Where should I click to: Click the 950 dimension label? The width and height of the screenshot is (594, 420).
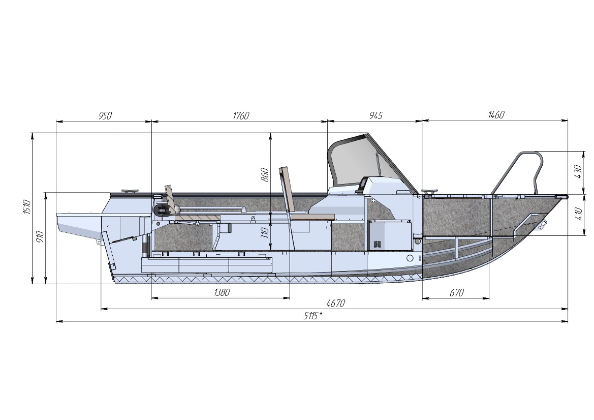pos(105,115)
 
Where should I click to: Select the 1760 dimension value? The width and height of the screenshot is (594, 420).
pos(240,115)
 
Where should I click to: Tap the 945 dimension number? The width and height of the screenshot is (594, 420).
pos(376,115)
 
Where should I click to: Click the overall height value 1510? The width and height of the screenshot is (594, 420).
pos(26,207)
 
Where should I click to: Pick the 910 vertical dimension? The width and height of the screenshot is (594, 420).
pos(40,236)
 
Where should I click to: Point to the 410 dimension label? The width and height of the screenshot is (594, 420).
pos(578,214)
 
